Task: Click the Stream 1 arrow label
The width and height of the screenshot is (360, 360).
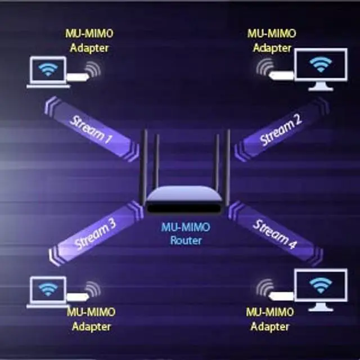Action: [x=89, y=129]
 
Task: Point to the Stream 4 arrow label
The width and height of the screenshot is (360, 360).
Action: [x=274, y=234]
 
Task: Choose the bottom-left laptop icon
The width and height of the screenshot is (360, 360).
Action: [x=48, y=291]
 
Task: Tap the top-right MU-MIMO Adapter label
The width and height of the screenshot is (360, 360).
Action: [x=272, y=40]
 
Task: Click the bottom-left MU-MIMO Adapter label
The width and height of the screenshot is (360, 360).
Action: [x=91, y=319]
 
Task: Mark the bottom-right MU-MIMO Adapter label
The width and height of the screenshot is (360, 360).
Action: [x=271, y=319]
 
